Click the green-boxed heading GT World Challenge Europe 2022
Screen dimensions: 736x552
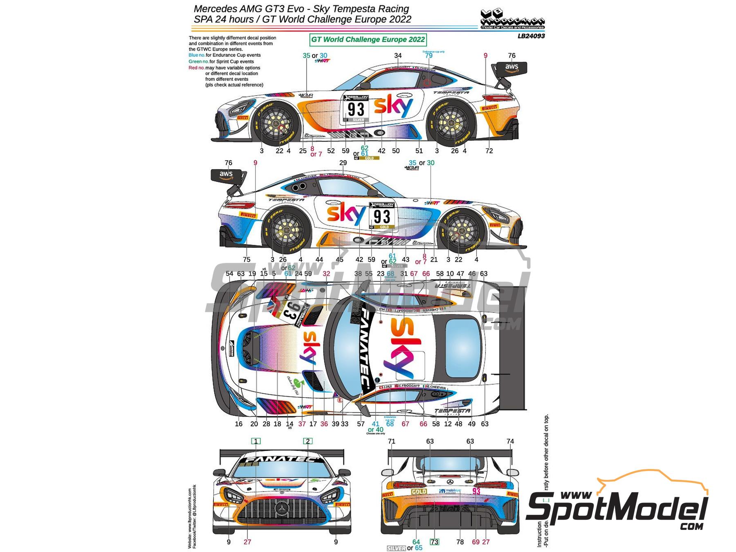(x=368, y=40)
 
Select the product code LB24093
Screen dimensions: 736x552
(x=531, y=36)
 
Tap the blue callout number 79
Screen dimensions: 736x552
(x=429, y=56)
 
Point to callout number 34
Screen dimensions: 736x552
(x=398, y=56)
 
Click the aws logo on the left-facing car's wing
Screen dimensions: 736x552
(x=512, y=67)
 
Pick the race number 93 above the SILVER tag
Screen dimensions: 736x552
(x=356, y=109)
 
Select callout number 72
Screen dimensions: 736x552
(x=489, y=151)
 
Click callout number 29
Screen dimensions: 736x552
(x=343, y=163)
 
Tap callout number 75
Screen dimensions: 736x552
(x=246, y=260)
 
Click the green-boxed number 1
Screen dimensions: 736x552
(x=256, y=441)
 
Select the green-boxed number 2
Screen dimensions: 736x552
(x=308, y=441)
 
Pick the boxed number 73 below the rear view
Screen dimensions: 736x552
(x=434, y=542)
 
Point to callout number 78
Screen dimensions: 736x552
(x=460, y=542)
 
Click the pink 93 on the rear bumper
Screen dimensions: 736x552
(x=476, y=491)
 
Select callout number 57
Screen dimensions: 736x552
(x=361, y=424)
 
